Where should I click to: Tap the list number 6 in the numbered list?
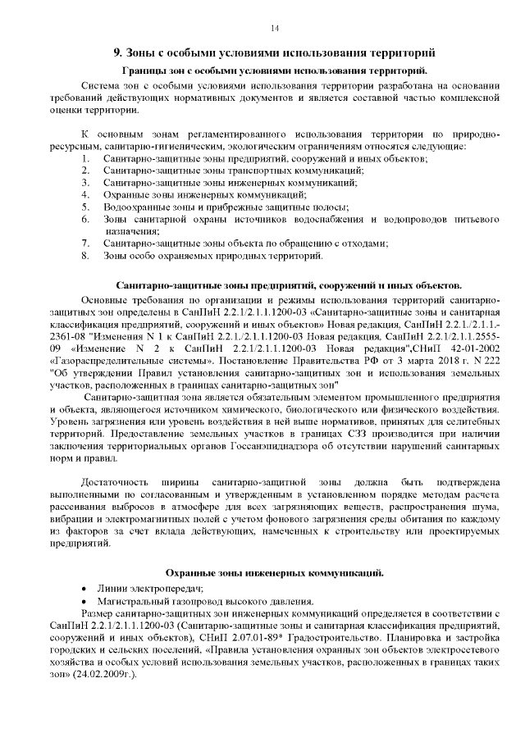(84, 220)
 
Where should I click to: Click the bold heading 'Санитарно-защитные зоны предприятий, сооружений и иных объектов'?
(290, 287)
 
